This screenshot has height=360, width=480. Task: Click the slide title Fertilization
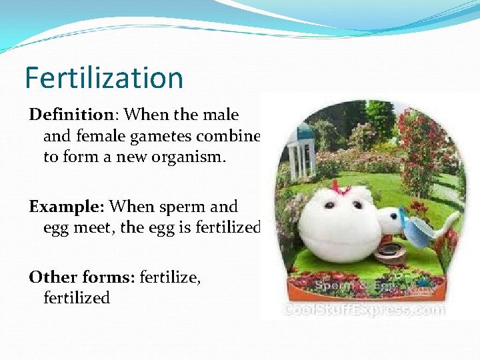103,77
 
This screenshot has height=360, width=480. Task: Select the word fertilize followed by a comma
169,275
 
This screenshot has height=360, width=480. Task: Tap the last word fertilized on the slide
76,298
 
